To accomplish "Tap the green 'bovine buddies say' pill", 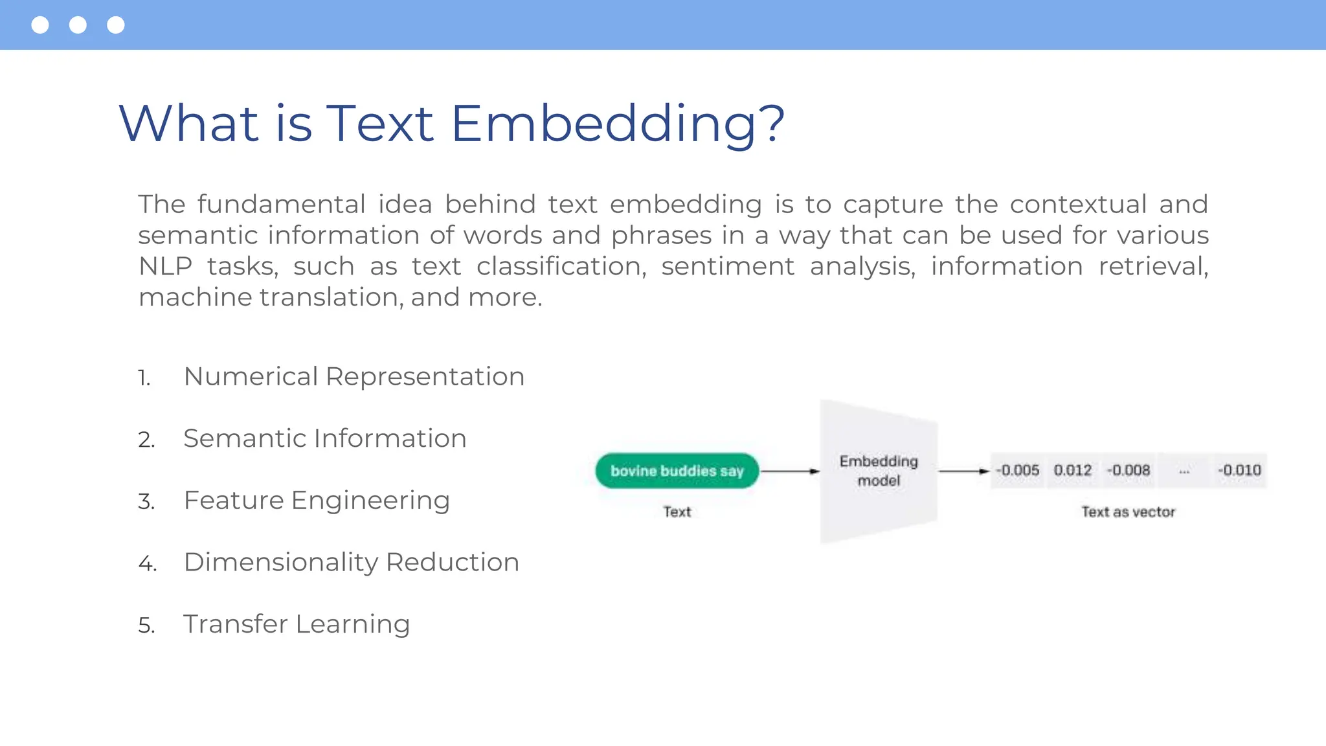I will (677, 471).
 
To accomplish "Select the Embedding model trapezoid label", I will (879, 471).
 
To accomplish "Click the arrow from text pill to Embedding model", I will (789, 471).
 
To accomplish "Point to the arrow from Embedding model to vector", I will (963, 471).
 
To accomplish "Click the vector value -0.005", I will (1017, 470).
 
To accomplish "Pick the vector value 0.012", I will (1073, 470).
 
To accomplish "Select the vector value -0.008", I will (1129, 470).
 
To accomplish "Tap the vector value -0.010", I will (1239, 470).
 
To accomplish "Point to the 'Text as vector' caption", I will (1128, 512).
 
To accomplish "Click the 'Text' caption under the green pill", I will (677, 512).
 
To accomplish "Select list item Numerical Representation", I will (354, 376).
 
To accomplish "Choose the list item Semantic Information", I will (324, 438).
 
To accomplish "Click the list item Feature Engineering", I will (317, 501).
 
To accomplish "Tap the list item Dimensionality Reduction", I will (351, 562).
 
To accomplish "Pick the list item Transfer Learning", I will (297, 624).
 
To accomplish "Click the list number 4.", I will (146, 563).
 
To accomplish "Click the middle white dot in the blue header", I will (78, 25).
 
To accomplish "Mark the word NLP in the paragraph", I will (166, 266).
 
